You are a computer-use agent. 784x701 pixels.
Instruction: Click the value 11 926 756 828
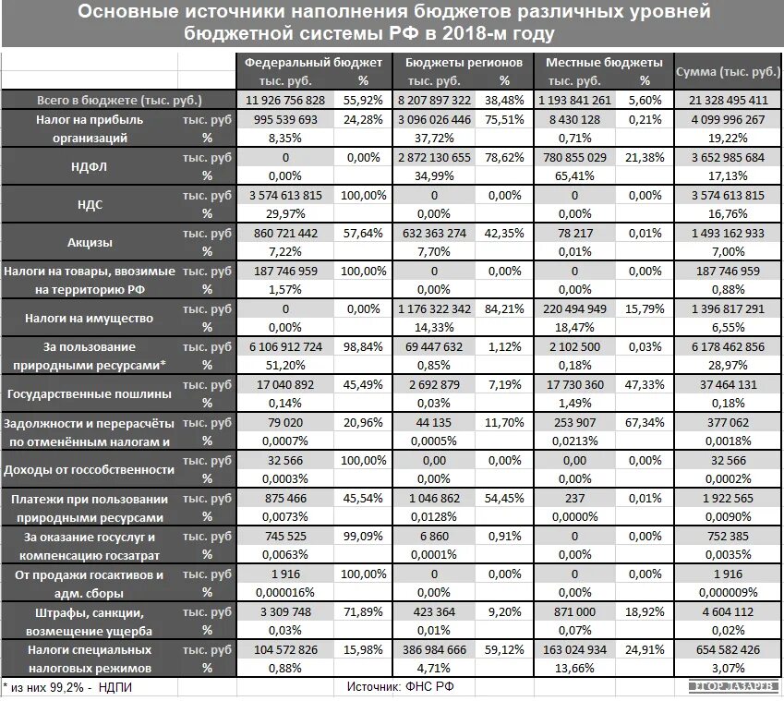pyautogui.click(x=285, y=100)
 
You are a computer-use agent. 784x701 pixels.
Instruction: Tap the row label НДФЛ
pyautogui.click(x=90, y=166)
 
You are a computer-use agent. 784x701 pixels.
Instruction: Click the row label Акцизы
pyautogui.click(x=90, y=243)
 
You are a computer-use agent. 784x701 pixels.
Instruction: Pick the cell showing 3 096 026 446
pyautogui.click(x=434, y=119)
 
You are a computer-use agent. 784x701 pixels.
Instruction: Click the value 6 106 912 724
pyautogui.click(x=285, y=347)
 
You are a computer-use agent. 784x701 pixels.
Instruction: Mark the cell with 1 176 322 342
pyautogui.click(x=434, y=309)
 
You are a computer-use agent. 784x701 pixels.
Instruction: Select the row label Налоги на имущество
pyautogui.click(x=90, y=319)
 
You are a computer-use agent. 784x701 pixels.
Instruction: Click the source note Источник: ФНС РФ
pyautogui.click(x=400, y=686)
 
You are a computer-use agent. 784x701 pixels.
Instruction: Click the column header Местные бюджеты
pyautogui.click(x=604, y=62)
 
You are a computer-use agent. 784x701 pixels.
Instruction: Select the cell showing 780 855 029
pyautogui.click(x=574, y=157)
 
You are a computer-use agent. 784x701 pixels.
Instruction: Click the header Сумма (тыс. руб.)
pyautogui.click(x=728, y=71)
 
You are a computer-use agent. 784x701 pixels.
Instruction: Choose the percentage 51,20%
pyautogui.click(x=285, y=366)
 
